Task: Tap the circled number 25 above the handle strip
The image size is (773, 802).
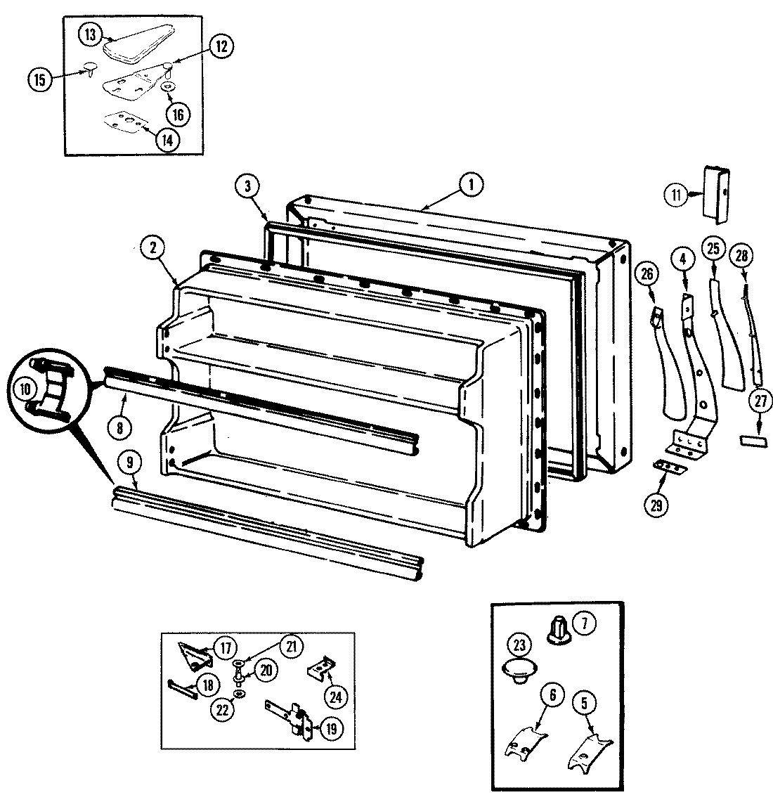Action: click(713, 249)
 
